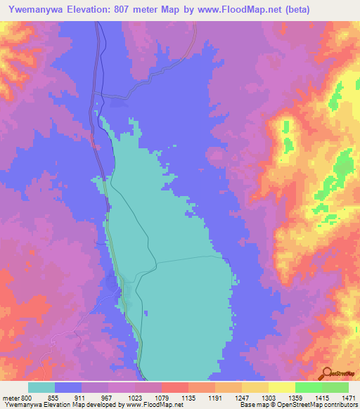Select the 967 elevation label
pos(108,398)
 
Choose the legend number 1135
pos(189,398)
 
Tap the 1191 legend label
pos(216,398)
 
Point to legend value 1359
pos(296,398)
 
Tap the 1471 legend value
pos(347,398)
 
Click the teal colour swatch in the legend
pos(41,387)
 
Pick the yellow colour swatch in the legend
pos(282,387)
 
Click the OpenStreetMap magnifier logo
pos(328,372)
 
